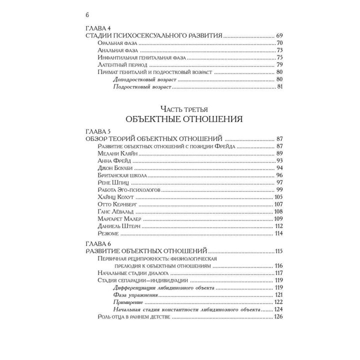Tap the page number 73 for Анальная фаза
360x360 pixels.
coord(279,50)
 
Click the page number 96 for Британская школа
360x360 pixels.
coord(279,175)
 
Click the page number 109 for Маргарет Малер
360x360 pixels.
coord(278,219)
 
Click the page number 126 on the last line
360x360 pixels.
coord(278,317)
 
